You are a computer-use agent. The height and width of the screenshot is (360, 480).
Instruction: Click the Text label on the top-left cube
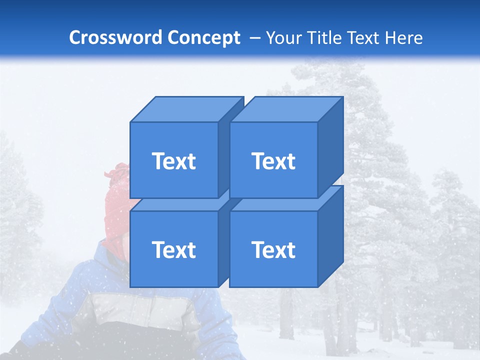coord(173,161)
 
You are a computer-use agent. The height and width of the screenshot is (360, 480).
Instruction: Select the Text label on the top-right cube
coord(273,161)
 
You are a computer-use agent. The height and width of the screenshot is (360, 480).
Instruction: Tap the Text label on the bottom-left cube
coord(173,249)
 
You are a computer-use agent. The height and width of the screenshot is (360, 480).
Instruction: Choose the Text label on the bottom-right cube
coord(273,249)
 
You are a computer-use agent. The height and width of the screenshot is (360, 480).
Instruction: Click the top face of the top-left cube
coord(186,109)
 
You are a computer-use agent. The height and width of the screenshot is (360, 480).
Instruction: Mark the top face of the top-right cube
coord(286,109)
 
